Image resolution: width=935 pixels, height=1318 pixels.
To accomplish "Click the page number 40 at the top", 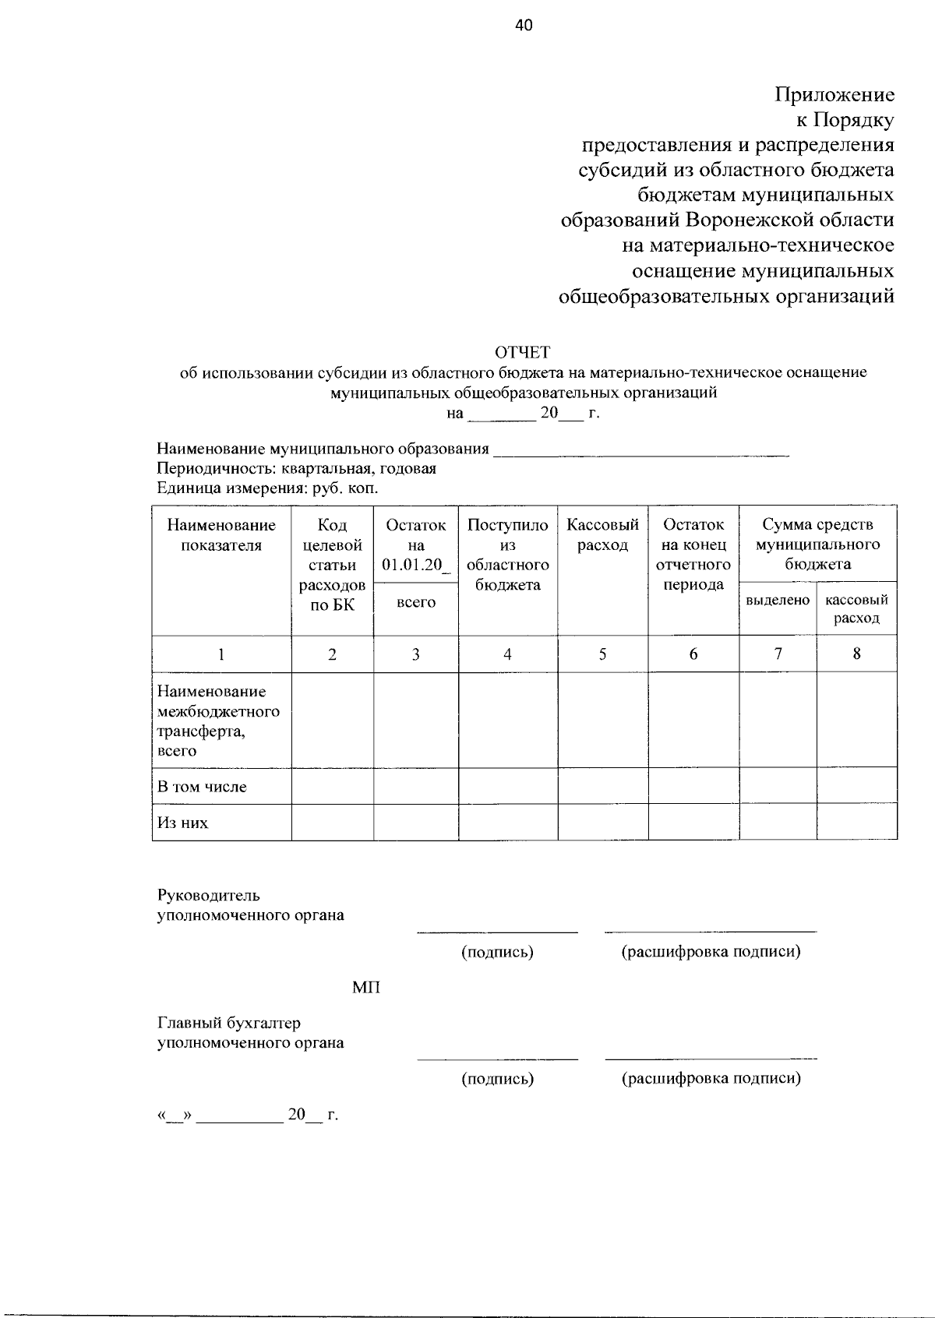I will point(524,26).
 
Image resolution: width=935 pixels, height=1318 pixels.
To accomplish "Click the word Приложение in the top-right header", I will point(834,95).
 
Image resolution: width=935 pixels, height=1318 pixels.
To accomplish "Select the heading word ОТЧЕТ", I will point(523,352).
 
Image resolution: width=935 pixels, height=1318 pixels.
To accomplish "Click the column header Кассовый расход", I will point(602,535).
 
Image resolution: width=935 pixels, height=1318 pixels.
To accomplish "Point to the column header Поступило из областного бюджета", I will point(507,555).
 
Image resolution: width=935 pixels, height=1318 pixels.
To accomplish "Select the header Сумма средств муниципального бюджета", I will point(817,544).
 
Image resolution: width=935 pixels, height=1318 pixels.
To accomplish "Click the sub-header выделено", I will point(778,601).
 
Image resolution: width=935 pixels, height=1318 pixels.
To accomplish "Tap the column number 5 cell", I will point(602,654).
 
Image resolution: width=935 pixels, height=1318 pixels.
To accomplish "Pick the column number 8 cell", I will point(856,654).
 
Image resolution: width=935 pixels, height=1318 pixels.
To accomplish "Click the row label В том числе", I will point(202,787).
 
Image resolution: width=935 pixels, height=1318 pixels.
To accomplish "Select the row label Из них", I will point(183,823).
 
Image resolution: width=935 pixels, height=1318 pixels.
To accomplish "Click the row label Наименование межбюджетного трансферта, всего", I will point(218,721).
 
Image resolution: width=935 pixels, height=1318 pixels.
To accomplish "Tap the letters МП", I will point(366,988).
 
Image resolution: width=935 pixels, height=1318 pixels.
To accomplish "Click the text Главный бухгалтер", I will point(229,1023).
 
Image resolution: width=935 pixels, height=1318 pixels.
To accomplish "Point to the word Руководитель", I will point(209,895).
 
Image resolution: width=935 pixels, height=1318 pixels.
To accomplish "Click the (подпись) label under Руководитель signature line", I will point(497,952).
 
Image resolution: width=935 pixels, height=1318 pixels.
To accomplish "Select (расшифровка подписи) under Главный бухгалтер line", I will point(711,1079).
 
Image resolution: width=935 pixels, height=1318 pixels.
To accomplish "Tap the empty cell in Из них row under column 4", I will point(507,823).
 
